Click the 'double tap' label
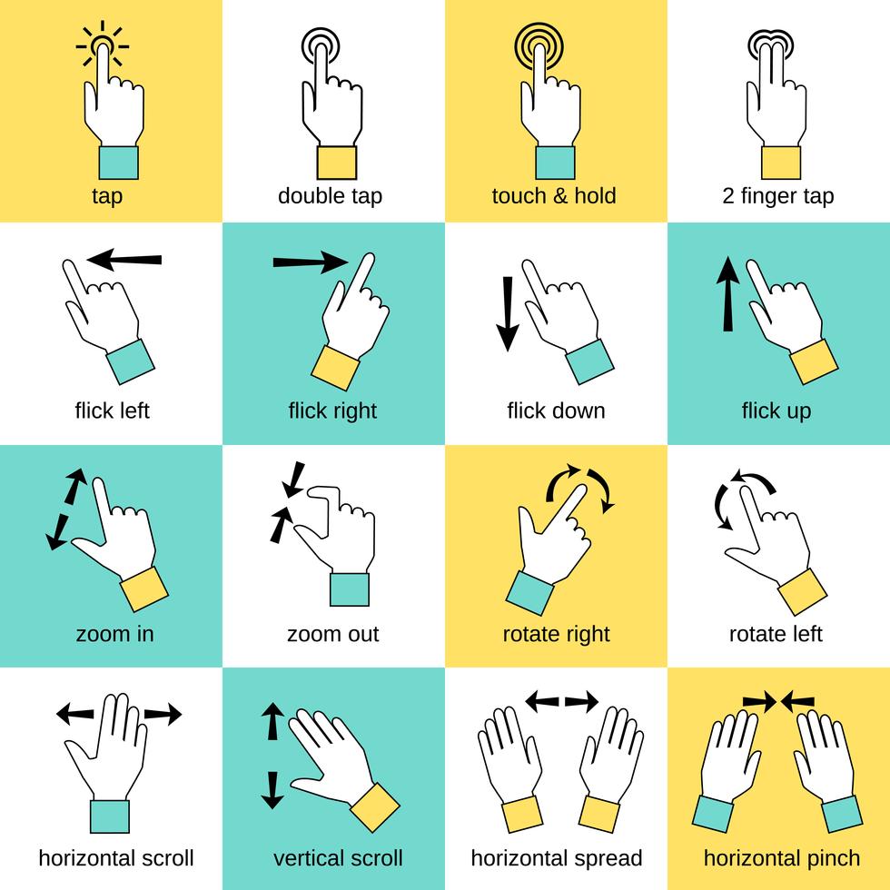tap(330, 196)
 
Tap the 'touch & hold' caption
tap(554, 196)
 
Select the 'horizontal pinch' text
tap(782, 858)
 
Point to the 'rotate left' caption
tap(776, 634)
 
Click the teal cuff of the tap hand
tap(118, 162)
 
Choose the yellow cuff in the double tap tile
tap(336, 162)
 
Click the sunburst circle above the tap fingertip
tap(103, 43)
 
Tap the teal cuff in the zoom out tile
tap(350, 589)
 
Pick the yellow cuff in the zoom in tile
tap(144, 589)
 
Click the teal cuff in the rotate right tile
tap(529, 594)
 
